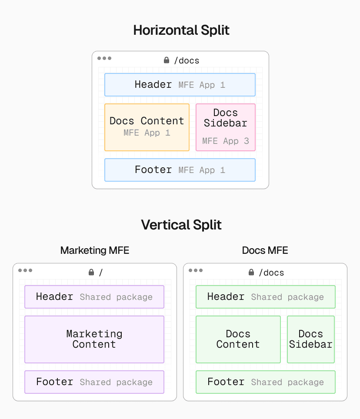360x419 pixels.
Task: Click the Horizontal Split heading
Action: (181, 30)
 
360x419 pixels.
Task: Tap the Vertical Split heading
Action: (181, 225)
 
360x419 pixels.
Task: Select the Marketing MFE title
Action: (94, 250)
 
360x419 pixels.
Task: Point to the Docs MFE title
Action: (265, 250)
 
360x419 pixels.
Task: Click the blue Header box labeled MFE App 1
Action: (180, 85)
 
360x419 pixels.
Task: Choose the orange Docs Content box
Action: (147, 127)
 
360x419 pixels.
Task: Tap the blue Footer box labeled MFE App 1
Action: (180, 170)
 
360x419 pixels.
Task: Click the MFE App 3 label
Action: (225, 141)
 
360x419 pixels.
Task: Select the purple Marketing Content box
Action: (94, 339)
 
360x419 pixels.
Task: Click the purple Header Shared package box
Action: (94, 297)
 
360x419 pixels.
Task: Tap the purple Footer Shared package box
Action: (94, 382)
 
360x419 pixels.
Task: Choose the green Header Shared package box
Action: (265, 297)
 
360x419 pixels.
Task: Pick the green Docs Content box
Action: (238, 339)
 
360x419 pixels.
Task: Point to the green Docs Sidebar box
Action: (310, 339)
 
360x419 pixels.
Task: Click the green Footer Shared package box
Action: (265, 382)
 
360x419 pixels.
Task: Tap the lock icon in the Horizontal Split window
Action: (167, 60)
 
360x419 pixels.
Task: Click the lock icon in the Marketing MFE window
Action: (91, 272)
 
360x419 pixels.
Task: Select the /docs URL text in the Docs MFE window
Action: (271, 273)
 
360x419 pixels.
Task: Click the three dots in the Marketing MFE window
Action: (25, 270)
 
